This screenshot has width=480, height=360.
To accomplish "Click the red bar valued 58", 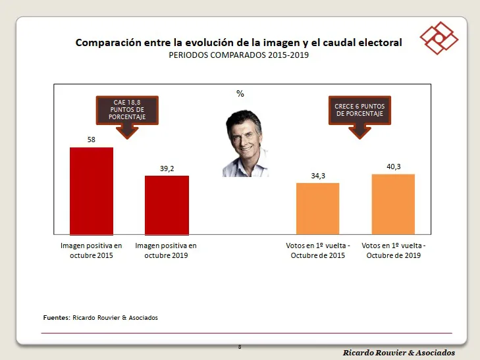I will click(92, 191).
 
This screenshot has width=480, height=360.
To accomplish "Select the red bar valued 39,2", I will click(167, 205).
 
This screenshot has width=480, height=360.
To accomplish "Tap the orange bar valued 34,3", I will click(317, 208).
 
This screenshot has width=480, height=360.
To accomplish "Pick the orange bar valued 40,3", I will click(393, 204).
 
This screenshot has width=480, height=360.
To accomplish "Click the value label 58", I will click(92, 140).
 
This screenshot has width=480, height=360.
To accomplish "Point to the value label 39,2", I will click(167, 168).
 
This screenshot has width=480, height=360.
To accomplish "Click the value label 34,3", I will click(317, 176).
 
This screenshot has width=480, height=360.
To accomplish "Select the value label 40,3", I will click(393, 167).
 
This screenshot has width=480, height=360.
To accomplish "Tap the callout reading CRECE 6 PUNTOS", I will click(360, 109).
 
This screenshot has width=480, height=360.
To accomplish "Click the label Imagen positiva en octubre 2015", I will click(92, 250).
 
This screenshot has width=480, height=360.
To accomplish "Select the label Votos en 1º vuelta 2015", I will click(318, 250).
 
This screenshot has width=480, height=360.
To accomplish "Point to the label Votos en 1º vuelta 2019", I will click(394, 250).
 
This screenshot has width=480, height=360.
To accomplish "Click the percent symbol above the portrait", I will click(240, 94).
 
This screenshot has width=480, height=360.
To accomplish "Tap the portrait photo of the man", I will click(246, 143).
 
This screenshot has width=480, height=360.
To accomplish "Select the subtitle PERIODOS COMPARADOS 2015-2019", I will click(239, 55).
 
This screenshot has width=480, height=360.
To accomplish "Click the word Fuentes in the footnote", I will click(56, 318).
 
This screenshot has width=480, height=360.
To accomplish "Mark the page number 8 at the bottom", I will click(240, 347).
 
